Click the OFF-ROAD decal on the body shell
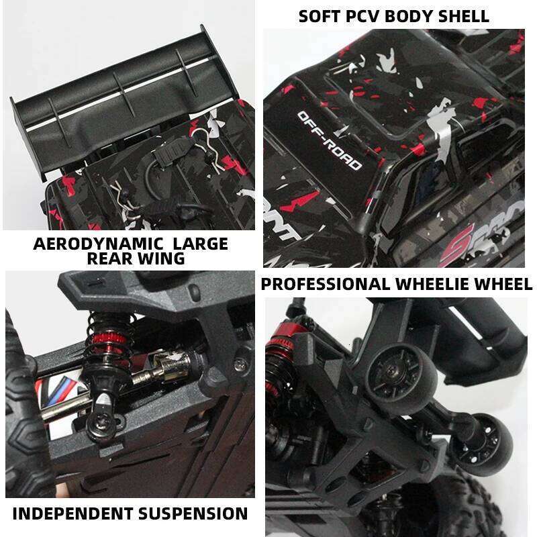click(x=329, y=141)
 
